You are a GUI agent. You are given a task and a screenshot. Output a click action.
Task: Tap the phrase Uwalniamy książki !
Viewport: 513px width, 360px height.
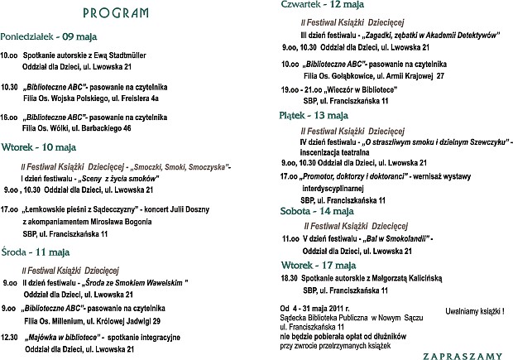point(476,313)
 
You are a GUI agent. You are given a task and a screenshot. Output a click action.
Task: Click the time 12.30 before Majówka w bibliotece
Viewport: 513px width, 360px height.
point(10,337)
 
